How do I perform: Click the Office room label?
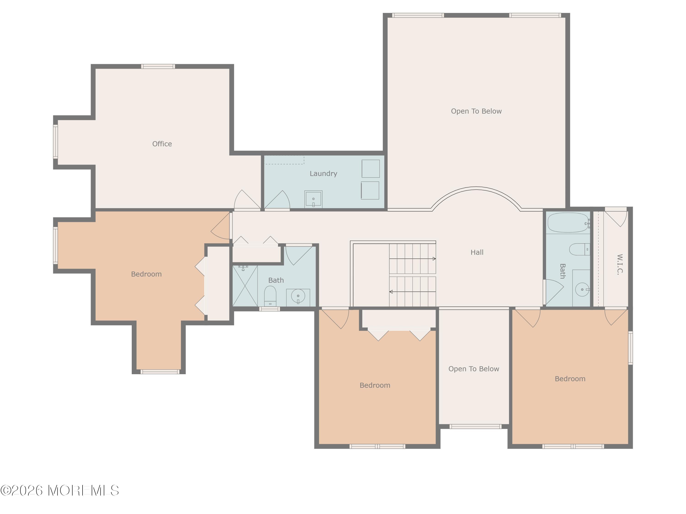tap(162, 144)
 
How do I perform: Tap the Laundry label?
tap(323, 173)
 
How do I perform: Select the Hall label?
tap(477, 252)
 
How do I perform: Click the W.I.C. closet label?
tap(620, 265)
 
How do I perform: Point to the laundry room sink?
tap(313, 199)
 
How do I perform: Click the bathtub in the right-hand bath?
tap(568, 223)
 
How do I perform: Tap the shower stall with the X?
tap(245, 286)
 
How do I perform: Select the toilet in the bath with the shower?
tap(270, 296)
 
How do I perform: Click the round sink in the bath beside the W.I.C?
tap(582, 290)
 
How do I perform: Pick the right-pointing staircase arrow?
tap(413, 259)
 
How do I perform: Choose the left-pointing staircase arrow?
tap(413, 291)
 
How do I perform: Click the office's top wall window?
tap(158, 66)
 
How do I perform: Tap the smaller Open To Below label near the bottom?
tap(474, 369)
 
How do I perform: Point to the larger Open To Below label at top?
tap(476, 111)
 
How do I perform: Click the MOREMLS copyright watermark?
tap(59, 490)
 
